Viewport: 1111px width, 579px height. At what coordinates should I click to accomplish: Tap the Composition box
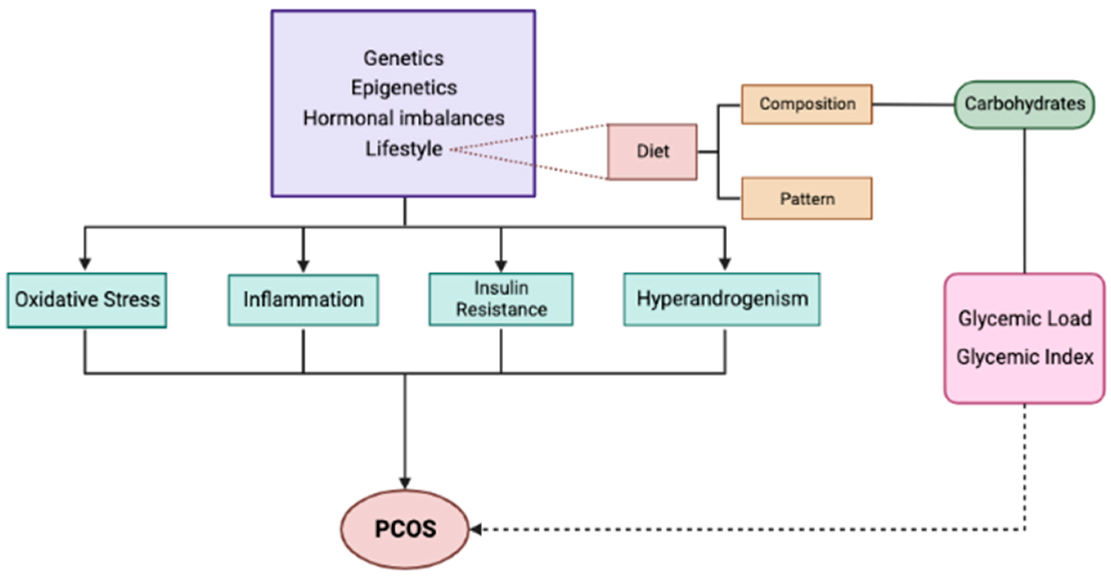(806, 104)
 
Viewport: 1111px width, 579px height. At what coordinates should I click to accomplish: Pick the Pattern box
(806, 199)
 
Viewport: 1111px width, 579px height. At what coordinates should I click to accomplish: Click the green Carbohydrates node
(1024, 104)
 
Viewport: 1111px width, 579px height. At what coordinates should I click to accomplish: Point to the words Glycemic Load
(1024, 319)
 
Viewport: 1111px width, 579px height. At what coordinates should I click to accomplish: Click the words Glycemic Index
(1024, 357)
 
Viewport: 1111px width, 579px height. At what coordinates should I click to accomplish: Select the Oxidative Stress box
(87, 300)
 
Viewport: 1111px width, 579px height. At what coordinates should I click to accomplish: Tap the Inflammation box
(303, 300)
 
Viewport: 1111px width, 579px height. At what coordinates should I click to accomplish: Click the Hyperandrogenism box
(721, 299)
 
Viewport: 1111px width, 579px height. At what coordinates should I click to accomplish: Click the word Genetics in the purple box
(403, 58)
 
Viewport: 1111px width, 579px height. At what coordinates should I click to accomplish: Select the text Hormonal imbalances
(403, 118)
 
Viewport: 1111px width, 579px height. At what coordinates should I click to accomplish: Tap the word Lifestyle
(403, 149)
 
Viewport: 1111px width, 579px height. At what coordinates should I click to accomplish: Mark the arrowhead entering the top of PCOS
(404, 483)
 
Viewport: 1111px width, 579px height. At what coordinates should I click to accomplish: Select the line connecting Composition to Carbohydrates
(913, 104)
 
